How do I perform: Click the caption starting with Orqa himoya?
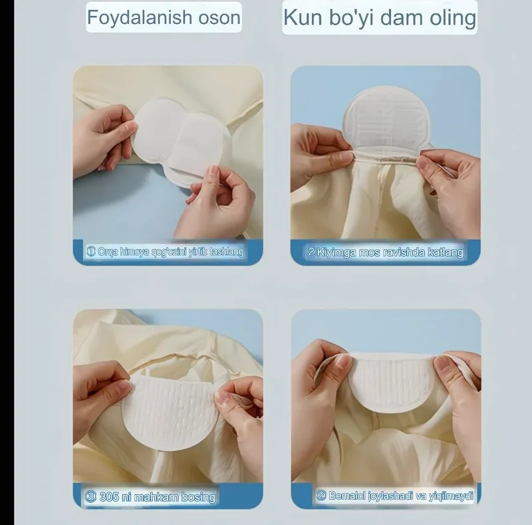click(166, 252)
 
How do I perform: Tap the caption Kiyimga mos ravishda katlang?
click(385, 252)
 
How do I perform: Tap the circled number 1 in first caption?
click(92, 252)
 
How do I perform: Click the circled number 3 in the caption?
click(91, 496)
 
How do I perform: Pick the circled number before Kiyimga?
click(311, 252)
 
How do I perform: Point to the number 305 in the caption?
click(110, 496)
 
